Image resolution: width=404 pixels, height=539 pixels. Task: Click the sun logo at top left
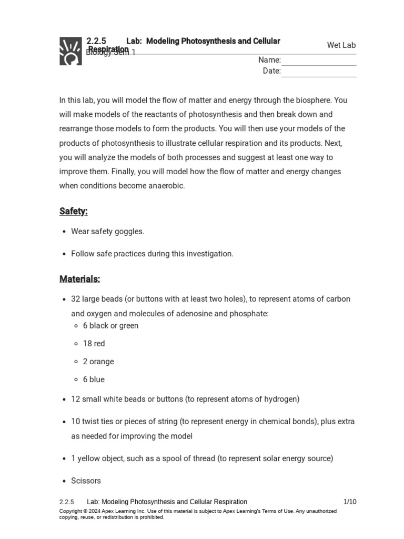click(70, 51)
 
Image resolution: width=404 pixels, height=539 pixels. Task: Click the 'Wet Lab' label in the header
click(341, 45)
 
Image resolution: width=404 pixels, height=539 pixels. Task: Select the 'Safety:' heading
click(74, 211)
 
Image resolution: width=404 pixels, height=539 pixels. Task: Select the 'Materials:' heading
click(79, 279)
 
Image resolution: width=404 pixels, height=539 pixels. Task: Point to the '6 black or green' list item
click(110, 326)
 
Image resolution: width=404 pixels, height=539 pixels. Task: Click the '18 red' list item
click(94, 344)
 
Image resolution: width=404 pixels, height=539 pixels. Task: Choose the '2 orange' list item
click(98, 362)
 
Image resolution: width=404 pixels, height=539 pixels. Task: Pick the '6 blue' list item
click(94, 380)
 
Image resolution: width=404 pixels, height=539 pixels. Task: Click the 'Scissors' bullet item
click(86, 481)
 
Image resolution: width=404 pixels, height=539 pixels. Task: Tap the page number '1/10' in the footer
click(350, 502)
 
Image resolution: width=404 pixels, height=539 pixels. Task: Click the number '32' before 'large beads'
click(76, 299)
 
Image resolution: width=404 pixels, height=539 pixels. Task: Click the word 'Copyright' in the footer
click(70, 511)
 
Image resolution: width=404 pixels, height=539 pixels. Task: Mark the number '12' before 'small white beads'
click(75, 399)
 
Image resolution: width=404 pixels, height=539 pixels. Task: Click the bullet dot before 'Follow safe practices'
click(64, 254)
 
